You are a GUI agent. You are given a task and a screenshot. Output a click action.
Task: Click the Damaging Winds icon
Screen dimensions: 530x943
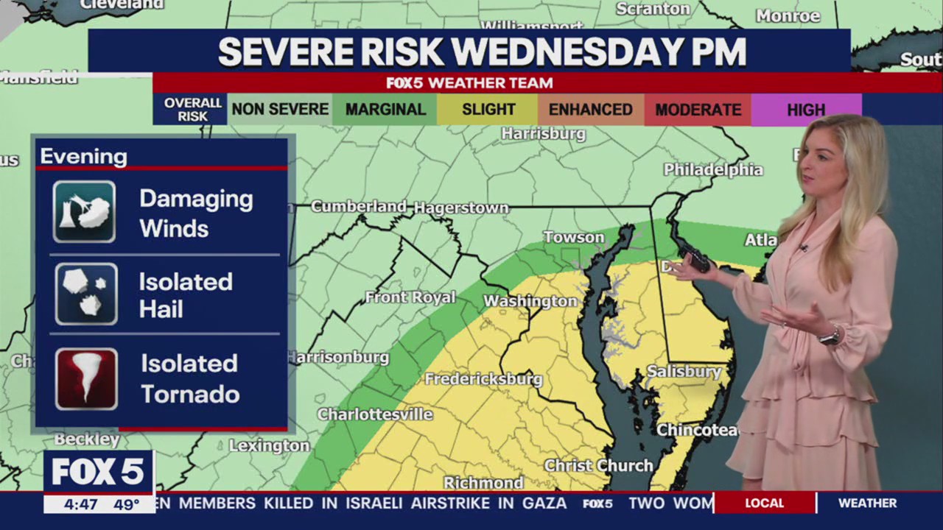click(x=84, y=212)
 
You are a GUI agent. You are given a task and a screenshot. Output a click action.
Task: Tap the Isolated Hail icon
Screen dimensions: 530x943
click(x=86, y=294)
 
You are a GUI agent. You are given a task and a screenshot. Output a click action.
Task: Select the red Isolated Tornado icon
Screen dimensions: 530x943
click(x=86, y=379)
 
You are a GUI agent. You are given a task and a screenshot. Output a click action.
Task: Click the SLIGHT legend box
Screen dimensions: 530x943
click(x=488, y=110)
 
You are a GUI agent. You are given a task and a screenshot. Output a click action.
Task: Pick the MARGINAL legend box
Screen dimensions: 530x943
click(x=385, y=110)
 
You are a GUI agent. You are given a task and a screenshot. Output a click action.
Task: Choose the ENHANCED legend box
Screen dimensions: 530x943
click(x=590, y=110)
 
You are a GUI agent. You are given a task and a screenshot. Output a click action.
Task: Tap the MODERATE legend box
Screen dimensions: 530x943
click(x=698, y=110)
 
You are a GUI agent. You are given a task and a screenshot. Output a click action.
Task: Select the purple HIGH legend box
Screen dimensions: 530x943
click(x=805, y=110)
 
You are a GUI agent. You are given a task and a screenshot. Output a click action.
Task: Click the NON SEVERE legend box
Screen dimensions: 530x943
click(x=280, y=110)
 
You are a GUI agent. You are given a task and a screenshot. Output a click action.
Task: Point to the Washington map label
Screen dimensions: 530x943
click(x=530, y=301)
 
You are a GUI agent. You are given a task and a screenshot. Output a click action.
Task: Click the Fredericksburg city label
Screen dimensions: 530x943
click(x=483, y=380)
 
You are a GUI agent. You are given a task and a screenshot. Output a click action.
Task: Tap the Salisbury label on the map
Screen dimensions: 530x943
click(x=684, y=372)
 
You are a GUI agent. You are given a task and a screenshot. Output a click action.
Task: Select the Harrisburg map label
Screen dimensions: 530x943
click(x=543, y=134)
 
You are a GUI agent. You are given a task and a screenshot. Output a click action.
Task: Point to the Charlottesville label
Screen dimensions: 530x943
click(x=375, y=414)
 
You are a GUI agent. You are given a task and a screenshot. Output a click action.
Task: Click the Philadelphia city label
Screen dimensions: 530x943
click(x=713, y=169)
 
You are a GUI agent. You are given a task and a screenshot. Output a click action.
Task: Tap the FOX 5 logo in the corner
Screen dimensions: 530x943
click(x=98, y=473)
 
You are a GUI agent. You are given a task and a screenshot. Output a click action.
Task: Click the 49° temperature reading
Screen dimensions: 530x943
click(x=127, y=505)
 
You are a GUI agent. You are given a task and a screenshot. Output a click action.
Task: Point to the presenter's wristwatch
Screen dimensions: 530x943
click(x=830, y=337)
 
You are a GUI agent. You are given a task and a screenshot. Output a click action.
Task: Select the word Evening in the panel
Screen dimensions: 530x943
click(x=83, y=157)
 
